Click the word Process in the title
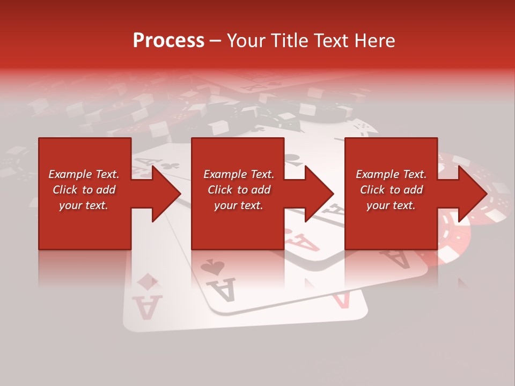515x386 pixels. tap(168, 40)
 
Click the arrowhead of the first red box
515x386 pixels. tap(166, 194)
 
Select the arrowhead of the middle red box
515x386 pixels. tap(320, 194)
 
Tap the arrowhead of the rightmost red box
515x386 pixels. tap(473, 194)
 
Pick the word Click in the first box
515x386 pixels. tap(65, 190)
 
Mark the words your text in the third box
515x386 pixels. tap(391, 205)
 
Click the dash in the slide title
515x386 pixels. tap(215, 41)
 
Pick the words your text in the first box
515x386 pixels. tap(83, 205)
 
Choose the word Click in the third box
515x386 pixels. tap(373, 190)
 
